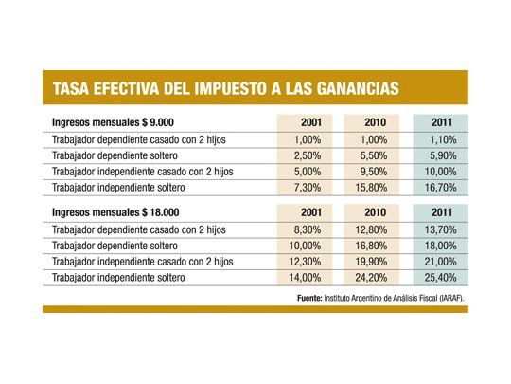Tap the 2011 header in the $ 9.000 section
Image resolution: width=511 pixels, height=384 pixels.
click(442, 123)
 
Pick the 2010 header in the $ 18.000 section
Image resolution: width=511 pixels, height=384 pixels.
click(373, 212)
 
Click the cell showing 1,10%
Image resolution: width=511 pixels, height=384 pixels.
click(442, 139)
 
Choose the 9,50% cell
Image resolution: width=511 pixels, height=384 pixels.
click(373, 172)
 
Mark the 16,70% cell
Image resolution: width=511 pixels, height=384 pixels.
click(442, 189)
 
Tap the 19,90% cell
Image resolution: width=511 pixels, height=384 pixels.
click(373, 261)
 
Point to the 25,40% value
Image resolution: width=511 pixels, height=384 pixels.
click(442, 278)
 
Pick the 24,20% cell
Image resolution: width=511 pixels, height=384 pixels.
click(373, 278)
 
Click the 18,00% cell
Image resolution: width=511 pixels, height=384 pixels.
click(442, 245)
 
